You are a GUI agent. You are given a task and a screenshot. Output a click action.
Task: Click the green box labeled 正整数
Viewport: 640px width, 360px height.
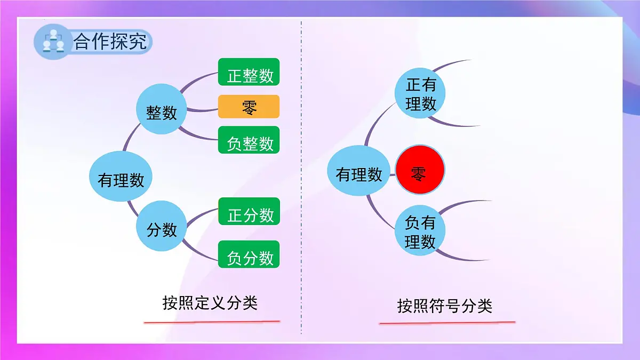[249, 72]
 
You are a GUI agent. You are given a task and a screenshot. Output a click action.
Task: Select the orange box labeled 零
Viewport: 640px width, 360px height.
[249, 107]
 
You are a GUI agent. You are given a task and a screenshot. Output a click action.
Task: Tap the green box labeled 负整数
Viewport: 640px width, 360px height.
[249, 140]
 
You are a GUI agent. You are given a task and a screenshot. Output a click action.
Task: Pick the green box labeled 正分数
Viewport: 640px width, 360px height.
[249, 211]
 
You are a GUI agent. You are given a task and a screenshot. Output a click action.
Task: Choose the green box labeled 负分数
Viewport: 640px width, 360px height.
[249, 254]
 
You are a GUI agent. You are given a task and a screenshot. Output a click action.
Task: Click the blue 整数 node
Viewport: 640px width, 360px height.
[162, 109]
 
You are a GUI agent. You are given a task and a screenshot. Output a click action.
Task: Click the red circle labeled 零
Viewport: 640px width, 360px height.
[420, 172]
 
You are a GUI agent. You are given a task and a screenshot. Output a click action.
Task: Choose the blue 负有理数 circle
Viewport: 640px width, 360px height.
[420, 232]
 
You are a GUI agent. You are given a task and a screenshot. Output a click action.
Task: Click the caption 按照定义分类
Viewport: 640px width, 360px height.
[210, 302]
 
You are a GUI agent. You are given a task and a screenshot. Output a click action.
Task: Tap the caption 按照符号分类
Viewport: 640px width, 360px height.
[444, 306]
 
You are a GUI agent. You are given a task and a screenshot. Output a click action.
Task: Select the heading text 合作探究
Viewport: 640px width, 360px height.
[110, 41]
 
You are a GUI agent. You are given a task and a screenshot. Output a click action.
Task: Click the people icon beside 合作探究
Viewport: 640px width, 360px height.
[53, 41]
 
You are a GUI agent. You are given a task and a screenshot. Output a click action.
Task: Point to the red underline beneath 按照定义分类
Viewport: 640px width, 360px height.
[212, 322]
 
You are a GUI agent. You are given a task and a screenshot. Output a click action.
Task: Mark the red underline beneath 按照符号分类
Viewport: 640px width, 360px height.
[447, 322]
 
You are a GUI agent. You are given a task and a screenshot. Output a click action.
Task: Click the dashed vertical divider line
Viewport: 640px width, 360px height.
[301, 176]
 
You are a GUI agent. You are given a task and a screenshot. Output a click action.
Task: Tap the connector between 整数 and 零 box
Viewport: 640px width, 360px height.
[203, 110]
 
